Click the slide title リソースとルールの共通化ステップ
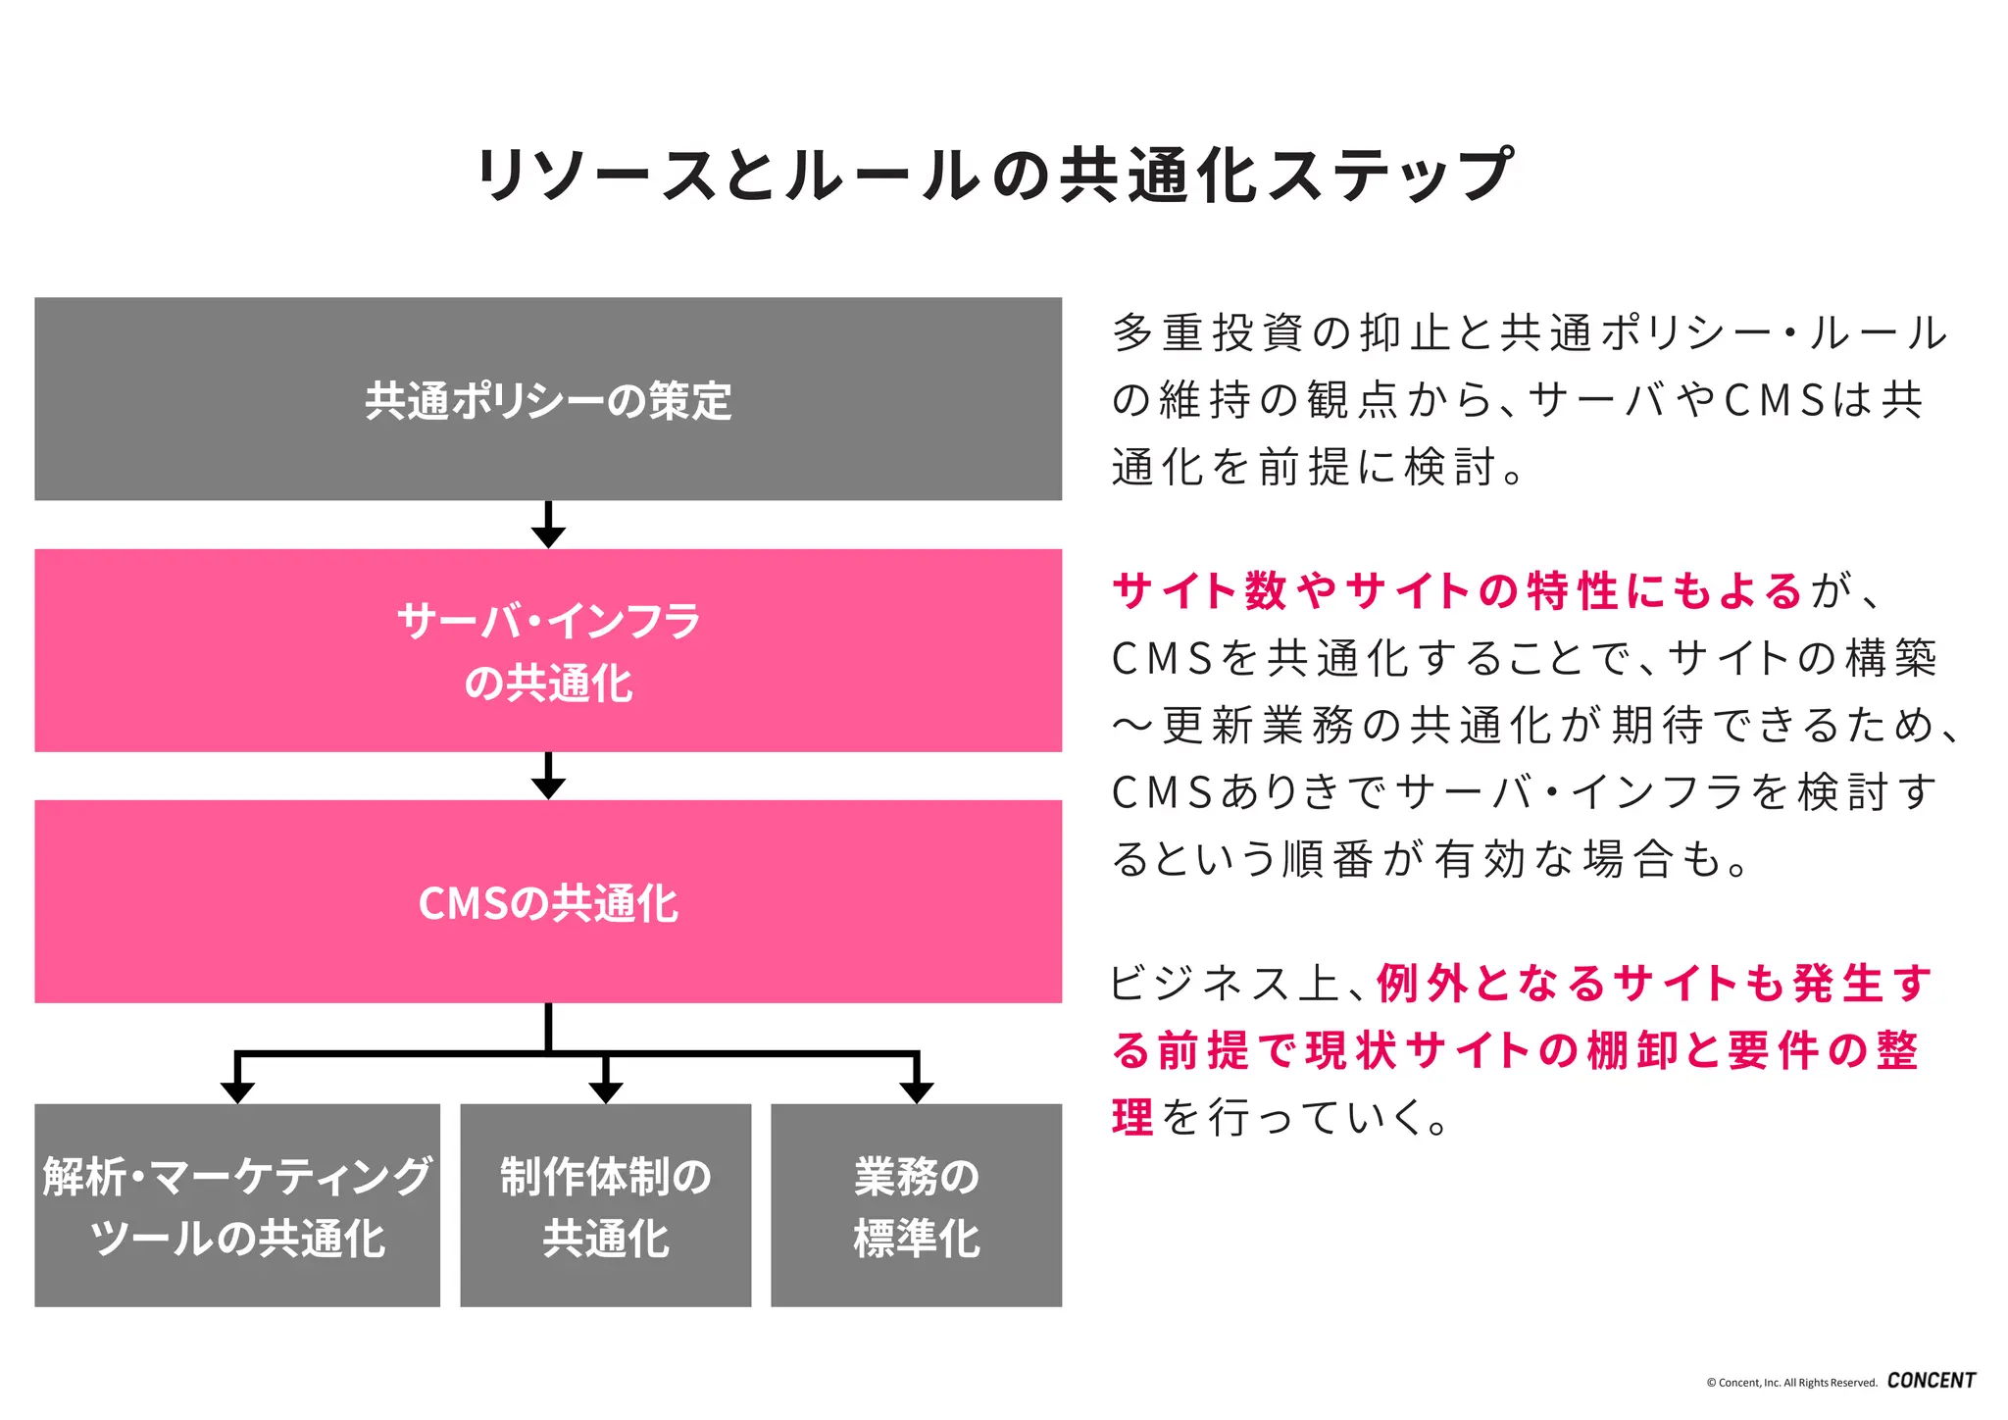(994, 176)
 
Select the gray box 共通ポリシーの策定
(548, 399)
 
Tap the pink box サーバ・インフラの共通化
(548, 650)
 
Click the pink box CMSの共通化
(548, 901)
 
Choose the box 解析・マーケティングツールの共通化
(237, 1205)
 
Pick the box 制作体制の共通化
(606, 1205)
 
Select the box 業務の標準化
(916, 1205)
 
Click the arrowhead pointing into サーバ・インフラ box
(548, 536)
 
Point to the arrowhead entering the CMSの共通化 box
(548, 787)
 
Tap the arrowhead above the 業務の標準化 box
(916, 1091)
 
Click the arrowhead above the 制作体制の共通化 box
(606, 1091)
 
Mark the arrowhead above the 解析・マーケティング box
(237, 1091)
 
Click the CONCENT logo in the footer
(1931, 1380)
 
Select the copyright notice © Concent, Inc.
(1790, 1383)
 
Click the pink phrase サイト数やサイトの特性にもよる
(1457, 591)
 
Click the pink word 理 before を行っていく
(1132, 1117)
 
